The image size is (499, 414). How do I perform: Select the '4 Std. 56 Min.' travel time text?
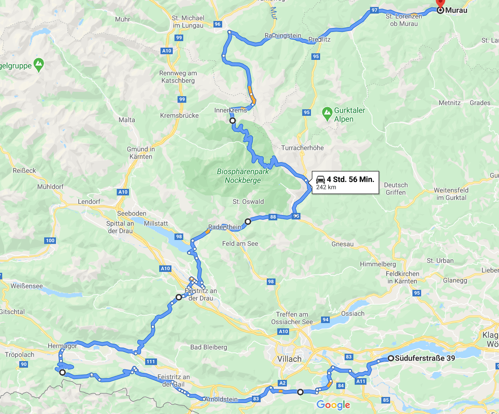click(x=350, y=180)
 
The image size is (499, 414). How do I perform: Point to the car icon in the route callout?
click(x=321, y=180)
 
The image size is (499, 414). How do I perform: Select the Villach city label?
click(x=290, y=359)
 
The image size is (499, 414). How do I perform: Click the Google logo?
click(x=333, y=405)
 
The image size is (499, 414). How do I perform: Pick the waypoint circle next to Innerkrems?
click(x=233, y=121)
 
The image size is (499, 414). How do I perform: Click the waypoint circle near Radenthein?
click(x=248, y=222)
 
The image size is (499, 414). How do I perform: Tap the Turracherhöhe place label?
click(x=303, y=148)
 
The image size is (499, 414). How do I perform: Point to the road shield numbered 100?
click(x=50, y=240)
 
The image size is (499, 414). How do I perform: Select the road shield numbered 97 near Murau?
click(x=374, y=10)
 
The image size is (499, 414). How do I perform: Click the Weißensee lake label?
click(x=21, y=286)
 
